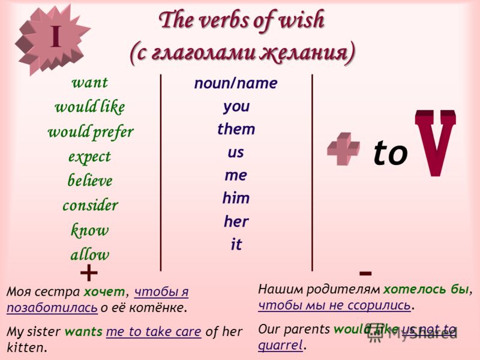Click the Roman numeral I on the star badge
[x=56, y=36]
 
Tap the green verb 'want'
[x=89, y=82]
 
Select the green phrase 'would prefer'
[x=91, y=133]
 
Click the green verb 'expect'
[x=89, y=157]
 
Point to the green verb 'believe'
[x=90, y=180]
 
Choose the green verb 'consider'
[x=91, y=205]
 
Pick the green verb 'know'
[x=89, y=230]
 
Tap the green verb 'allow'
[x=89, y=254]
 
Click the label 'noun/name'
[x=236, y=83]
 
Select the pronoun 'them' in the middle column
[x=236, y=129]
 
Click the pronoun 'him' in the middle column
[x=236, y=198]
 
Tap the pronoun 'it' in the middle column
[x=236, y=244]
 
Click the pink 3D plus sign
[x=343, y=149]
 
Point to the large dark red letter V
[x=435, y=143]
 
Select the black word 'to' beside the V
[x=391, y=152]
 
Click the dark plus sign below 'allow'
[x=89, y=272]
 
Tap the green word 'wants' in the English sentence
[x=83, y=332]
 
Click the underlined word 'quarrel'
[x=280, y=346]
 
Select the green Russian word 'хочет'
[x=104, y=292]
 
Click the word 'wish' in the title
[x=302, y=20]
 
